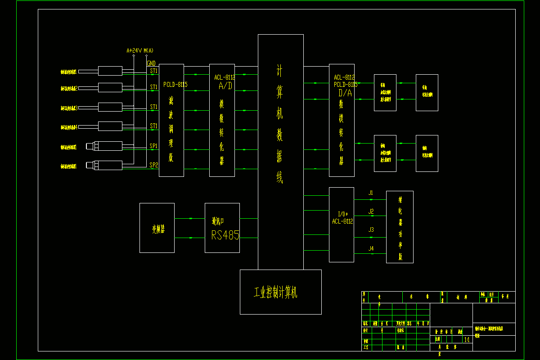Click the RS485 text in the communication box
[x=225, y=234]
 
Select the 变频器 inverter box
[x=157, y=228]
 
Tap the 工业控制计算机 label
[x=275, y=293]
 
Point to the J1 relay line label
[x=371, y=193]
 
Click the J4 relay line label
[x=371, y=248]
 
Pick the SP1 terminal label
[x=153, y=146]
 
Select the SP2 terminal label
[x=153, y=165]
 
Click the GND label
[x=151, y=63]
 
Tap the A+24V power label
[x=134, y=50]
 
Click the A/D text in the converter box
[x=225, y=85]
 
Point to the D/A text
[x=346, y=93]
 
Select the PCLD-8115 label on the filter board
[x=175, y=84]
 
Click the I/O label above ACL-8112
[x=343, y=214]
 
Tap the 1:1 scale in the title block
[x=466, y=340]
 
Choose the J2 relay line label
[x=371, y=211]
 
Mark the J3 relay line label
[x=371, y=229]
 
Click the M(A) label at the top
[x=148, y=50]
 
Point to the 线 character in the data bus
[x=279, y=178]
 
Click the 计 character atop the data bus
[x=279, y=71]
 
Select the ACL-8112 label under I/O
[x=342, y=221]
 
